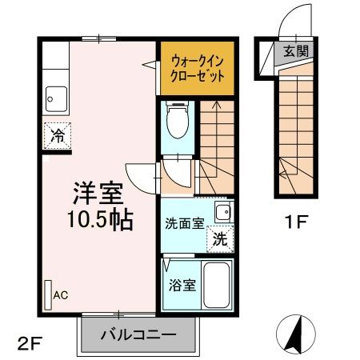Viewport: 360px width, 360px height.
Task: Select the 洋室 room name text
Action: click(x=98, y=194)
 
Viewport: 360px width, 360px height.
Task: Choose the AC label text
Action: click(x=61, y=294)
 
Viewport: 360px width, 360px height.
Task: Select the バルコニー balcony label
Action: click(x=138, y=334)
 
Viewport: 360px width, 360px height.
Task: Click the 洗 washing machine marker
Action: click(x=220, y=238)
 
